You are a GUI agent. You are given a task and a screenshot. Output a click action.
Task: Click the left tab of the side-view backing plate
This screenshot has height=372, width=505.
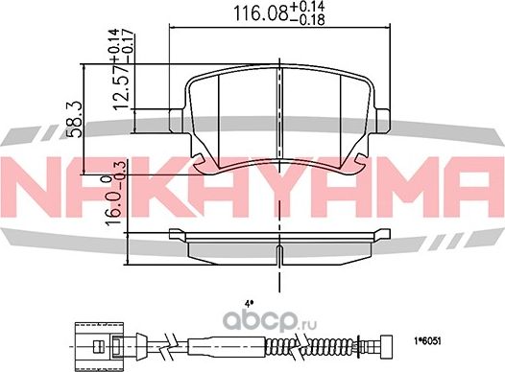click(x=176, y=234)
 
